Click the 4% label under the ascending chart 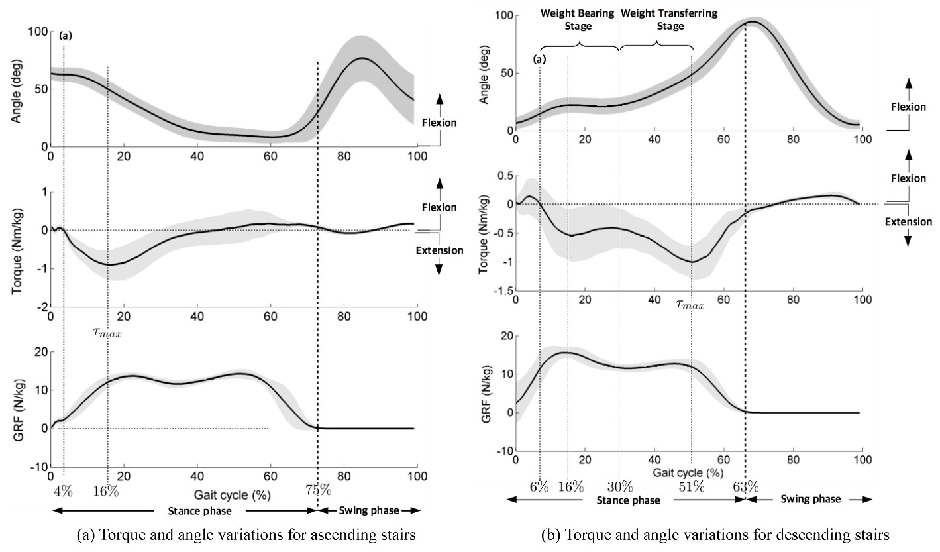(x=63, y=491)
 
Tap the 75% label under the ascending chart (x=318, y=491)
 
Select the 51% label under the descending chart (x=691, y=486)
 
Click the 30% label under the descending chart (x=619, y=486)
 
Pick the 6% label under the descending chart (x=539, y=486)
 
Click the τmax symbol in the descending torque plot (x=690, y=305)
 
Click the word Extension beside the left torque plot (x=439, y=250)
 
